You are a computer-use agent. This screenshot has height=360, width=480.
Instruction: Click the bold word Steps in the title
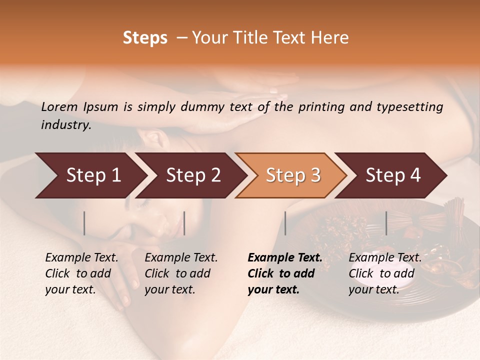pos(145,38)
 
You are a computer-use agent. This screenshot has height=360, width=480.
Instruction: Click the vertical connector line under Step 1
pos(84,223)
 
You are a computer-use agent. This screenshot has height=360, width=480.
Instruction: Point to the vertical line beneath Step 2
pos(184,223)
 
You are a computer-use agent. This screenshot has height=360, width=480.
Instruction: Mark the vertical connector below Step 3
pos(285,223)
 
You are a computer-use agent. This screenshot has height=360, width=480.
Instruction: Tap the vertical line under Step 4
pos(386,223)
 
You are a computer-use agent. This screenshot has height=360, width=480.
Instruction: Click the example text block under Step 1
pos(81,273)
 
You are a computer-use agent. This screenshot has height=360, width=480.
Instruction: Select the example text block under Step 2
pos(181,273)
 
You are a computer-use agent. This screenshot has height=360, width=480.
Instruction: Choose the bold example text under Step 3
pos(285,273)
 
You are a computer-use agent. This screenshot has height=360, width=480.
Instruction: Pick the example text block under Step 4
pos(385,273)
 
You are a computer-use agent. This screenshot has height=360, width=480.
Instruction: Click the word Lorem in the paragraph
pos(59,106)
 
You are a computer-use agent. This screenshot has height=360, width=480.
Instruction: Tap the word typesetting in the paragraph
pos(407,107)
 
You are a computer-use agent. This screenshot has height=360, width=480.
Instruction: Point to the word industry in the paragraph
pos(66,125)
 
